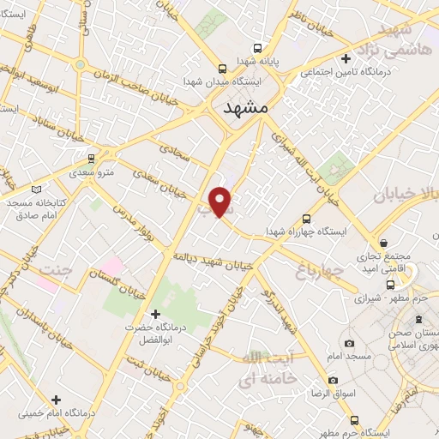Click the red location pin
[221, 201]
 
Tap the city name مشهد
[244, 108]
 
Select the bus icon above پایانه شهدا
[222, 68]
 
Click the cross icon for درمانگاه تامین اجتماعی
[346, 59]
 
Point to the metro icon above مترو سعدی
[92, 159]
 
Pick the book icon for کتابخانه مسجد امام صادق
[35, 189]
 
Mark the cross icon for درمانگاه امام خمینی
[57, 400]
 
